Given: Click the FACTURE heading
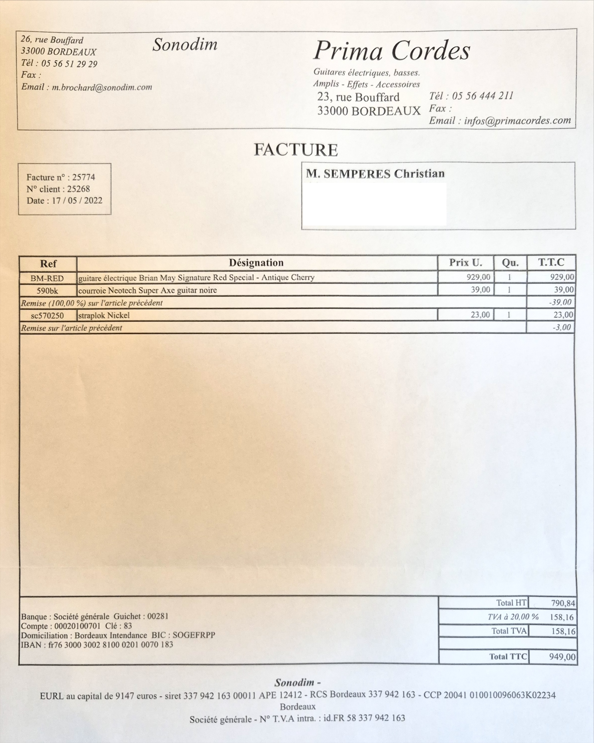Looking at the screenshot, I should tap(296, 150).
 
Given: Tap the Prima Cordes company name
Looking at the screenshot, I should tap(391, 51).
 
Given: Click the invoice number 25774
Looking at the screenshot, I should tap(84, 177).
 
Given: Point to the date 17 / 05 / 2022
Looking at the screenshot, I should tap(77, 201).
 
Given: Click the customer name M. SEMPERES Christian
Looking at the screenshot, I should tap(375, 174).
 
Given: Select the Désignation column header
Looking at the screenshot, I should tap(256, 263).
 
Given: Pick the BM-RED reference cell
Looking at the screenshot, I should tap(47, 278).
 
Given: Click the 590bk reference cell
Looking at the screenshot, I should tap(47, 291).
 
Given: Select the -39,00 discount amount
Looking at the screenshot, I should tap(560, 303).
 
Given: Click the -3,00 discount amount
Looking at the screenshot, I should tap(561, 327).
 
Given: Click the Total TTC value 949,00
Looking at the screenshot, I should tap(562, 657).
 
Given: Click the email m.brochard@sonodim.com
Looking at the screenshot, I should tap(102, 87).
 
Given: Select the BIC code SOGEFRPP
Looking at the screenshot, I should tap(194, 635).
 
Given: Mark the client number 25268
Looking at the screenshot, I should tap(78, 189).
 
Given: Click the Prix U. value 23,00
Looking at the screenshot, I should tap(480, 315).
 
